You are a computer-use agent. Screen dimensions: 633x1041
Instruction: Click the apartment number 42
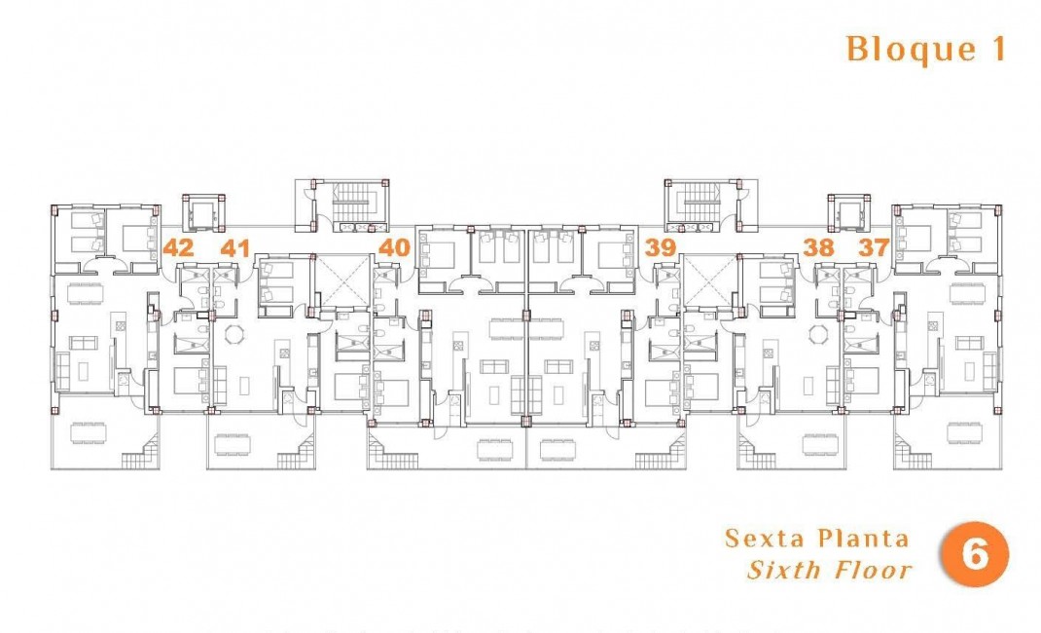(179, 247)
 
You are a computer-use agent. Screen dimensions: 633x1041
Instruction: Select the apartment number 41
(234, 247)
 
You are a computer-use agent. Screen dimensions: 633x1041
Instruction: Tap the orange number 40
(393, 247)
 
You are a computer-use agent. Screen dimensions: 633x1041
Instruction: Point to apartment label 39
(661, 247)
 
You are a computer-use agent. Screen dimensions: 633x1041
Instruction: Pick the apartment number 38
(819, 247)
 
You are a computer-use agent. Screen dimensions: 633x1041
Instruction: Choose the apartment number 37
(875, 247)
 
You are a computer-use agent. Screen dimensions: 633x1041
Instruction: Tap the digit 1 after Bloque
(995, 49)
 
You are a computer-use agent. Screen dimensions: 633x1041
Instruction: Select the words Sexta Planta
(817, 539)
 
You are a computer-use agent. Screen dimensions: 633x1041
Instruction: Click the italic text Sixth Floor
(830, 570)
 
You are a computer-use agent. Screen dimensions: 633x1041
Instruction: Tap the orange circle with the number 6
(974, 556)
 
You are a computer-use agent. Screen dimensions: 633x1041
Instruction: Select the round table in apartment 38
(819, 334)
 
